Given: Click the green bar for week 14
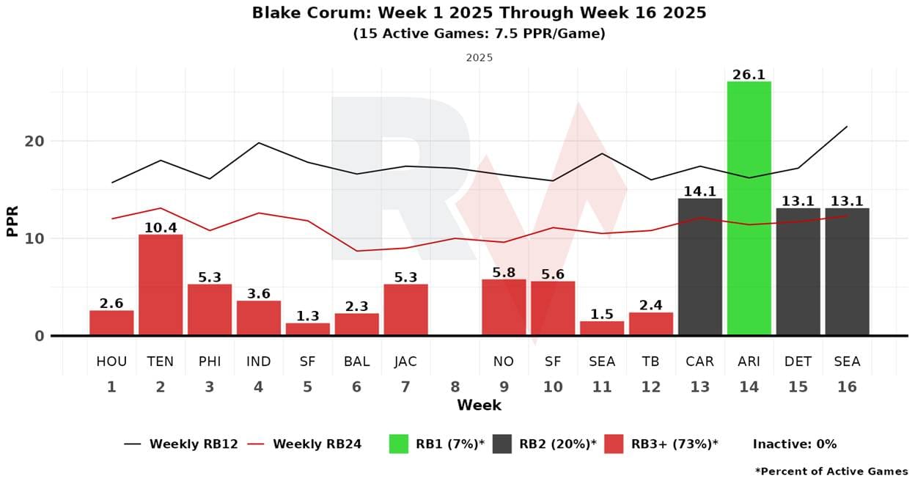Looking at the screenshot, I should (749, 208).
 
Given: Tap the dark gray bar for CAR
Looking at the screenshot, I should (699, 267).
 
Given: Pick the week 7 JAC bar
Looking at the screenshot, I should (405, 309).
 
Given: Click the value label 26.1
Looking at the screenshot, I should (749, 75).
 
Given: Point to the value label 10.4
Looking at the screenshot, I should (161, 228).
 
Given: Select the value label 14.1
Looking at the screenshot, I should (699, 192).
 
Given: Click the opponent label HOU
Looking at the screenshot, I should (111, 362).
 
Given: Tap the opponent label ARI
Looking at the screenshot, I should (749, 362).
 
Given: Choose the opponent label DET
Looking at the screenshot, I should (798, 362).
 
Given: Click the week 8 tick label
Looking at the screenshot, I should (455, 386).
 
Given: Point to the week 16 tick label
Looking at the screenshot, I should (847, 386).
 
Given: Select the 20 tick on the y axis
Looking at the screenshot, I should (34, 141).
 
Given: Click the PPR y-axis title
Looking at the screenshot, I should (12, 218).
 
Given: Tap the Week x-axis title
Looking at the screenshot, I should (479, 405).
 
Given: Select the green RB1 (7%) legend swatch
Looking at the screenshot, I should (398, 444).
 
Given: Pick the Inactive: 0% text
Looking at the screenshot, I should (794, 444).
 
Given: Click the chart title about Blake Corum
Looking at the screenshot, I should (479, 12).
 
